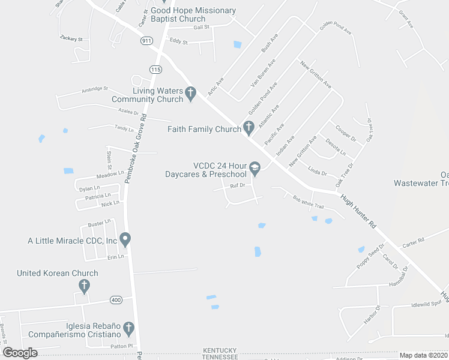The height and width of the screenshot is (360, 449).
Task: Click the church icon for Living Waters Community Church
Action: coord(191,94)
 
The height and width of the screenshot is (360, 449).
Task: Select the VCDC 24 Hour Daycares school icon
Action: coord(255,169)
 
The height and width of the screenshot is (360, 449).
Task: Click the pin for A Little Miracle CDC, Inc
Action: coord(125,240)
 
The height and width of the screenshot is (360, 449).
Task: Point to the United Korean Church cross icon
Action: coord(84,285)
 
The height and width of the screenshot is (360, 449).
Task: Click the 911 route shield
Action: coord(146,40)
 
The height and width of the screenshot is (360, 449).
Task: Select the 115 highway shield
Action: coord(156,70)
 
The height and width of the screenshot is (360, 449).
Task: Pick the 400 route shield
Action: coord(116,299)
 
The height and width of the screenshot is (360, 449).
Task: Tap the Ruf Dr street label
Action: coord(238,185)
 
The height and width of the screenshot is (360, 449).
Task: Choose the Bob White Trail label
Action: coord(308,202)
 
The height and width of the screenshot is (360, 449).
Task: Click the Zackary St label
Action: coord(71,38)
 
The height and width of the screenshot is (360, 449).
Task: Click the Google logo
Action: coord(20,353)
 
